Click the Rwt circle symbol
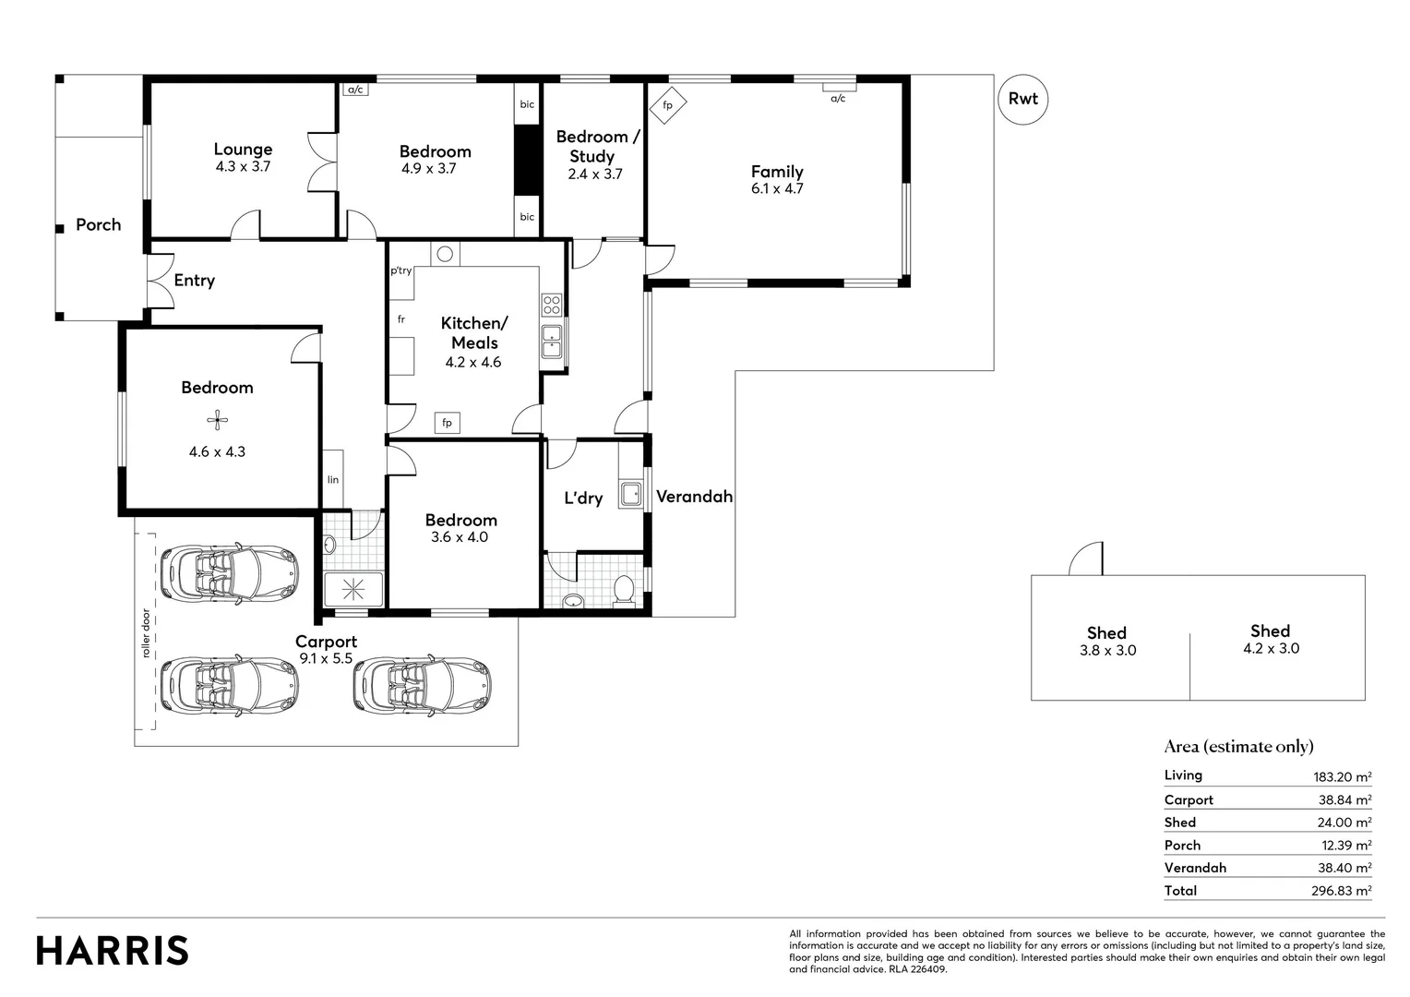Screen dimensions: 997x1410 point(1022,99)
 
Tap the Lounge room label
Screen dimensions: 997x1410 point(243,149)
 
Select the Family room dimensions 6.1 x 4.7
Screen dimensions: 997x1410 point(777,188)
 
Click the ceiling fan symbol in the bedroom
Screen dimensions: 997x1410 point(217,421)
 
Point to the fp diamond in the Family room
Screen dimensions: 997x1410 point(667,105)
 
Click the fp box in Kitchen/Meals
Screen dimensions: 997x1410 point(447,423)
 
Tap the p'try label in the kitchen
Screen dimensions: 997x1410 point(400,270)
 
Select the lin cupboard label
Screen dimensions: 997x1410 point(332,479)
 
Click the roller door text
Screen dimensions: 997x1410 point(145,633)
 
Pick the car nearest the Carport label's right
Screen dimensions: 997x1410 point(422,685)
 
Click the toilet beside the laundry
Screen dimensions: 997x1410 point(624,590)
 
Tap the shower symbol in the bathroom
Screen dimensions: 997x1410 point(352,588)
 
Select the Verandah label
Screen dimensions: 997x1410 point(694,497)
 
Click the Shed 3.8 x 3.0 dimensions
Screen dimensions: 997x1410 point(1107,650)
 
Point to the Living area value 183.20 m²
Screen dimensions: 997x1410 point(1342,776)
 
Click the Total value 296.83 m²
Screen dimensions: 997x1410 point(1342,891)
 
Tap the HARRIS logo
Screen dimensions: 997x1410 point(113,951)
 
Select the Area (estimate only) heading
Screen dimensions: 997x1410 point(1238,746)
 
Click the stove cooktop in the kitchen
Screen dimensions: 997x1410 point(552,305)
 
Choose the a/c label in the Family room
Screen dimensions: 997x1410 point(838,98)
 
